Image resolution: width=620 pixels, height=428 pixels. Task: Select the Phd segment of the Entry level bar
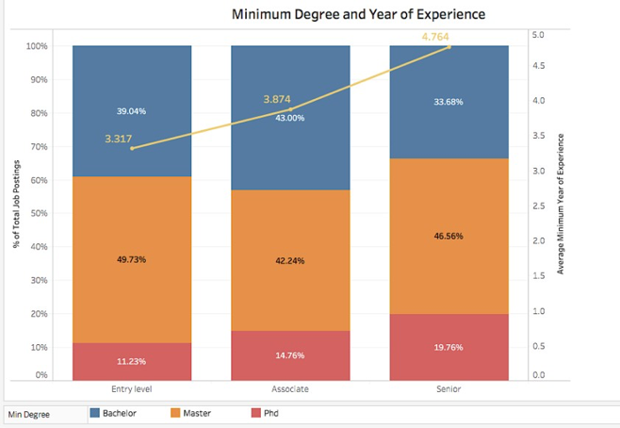pos(131,361)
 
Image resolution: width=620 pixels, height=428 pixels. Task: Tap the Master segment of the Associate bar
pos(290,260)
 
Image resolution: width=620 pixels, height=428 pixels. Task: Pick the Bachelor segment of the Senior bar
pos(449,102)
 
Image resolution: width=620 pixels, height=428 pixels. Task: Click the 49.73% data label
pos(131,259)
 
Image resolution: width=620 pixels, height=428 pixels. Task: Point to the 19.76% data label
pos(449,347)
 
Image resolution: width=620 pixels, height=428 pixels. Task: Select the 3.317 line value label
pos(119,139)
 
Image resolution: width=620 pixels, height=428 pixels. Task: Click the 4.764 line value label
pos(435,37)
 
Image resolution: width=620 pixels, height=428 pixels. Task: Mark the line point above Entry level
pos(132,149)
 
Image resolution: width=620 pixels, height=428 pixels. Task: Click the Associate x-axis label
pos(290,388)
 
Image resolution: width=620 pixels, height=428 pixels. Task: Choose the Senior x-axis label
pos(449,388)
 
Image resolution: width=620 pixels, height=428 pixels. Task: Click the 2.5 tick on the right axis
pos(539,206)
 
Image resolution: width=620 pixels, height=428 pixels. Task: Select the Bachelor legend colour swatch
pos(94,413)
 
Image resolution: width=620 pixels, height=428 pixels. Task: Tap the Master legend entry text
pos(197,413)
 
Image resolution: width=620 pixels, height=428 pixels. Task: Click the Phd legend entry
pos(265,413)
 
